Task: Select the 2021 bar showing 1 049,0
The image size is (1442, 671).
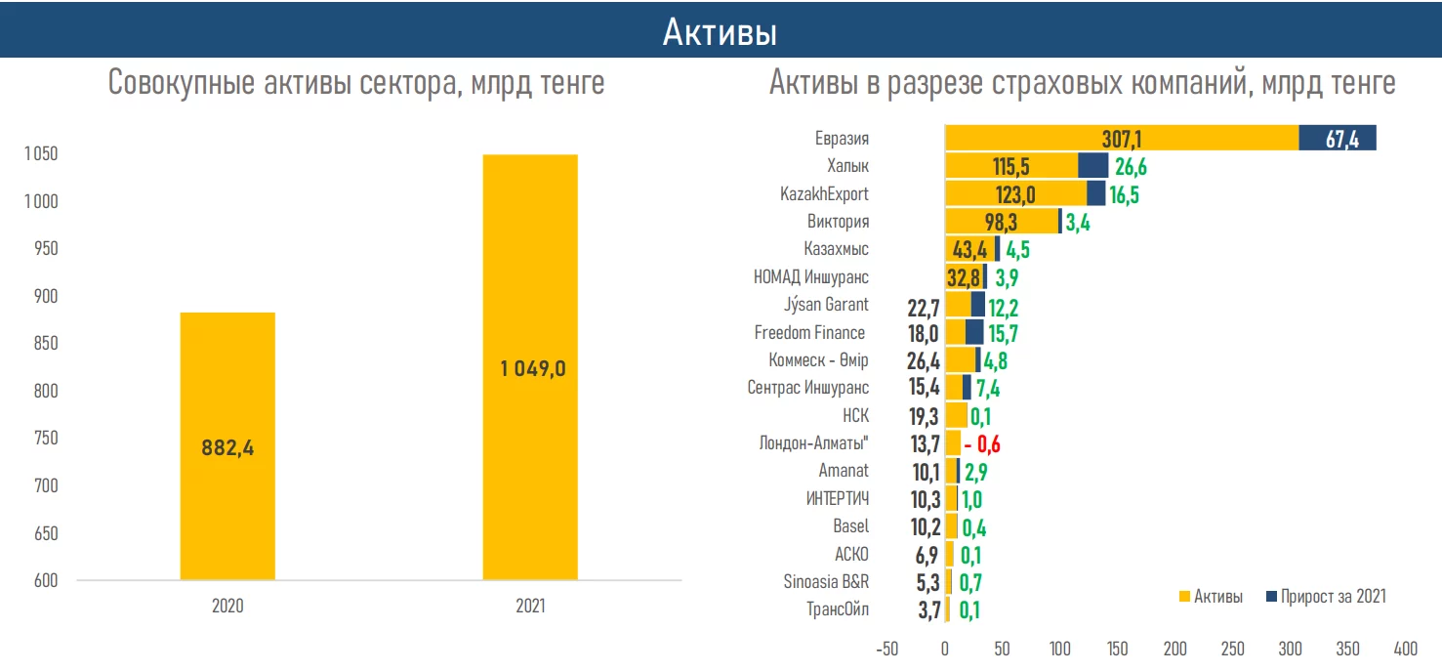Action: point(530,293)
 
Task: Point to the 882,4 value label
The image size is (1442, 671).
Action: point(227,448)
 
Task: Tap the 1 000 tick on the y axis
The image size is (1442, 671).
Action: point(40,201)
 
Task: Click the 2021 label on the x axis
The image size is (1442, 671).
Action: point(530,607)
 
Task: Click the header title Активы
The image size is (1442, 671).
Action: point(720,32)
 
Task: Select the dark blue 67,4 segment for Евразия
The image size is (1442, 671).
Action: point(1337,138)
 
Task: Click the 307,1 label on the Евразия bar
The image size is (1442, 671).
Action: point(1121,139)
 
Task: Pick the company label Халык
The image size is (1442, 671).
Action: point(847,166)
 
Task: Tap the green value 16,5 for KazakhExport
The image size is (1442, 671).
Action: point(1124,194)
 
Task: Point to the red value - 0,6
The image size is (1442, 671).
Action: point(982,444)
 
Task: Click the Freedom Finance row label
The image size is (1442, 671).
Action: point(809,333)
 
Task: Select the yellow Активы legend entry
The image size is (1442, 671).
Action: point(1211,597)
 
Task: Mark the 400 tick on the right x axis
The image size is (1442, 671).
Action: point(1405,649)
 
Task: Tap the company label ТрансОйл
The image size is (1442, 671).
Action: point(838,610)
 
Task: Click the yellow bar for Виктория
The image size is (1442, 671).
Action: point(1001,222)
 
